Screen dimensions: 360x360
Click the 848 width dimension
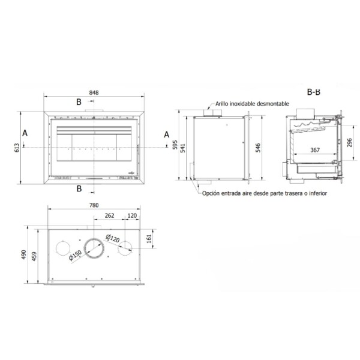(x=94, y=93)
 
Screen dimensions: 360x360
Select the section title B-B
(x=313, y=93)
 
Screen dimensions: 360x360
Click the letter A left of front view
(x=24, y=133)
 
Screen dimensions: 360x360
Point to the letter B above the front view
(x=78, y=102)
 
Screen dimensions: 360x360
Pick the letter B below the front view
(x=79, y=190)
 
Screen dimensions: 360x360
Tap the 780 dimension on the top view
(x=94, y=207)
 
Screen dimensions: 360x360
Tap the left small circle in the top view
(x=62, y=249)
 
